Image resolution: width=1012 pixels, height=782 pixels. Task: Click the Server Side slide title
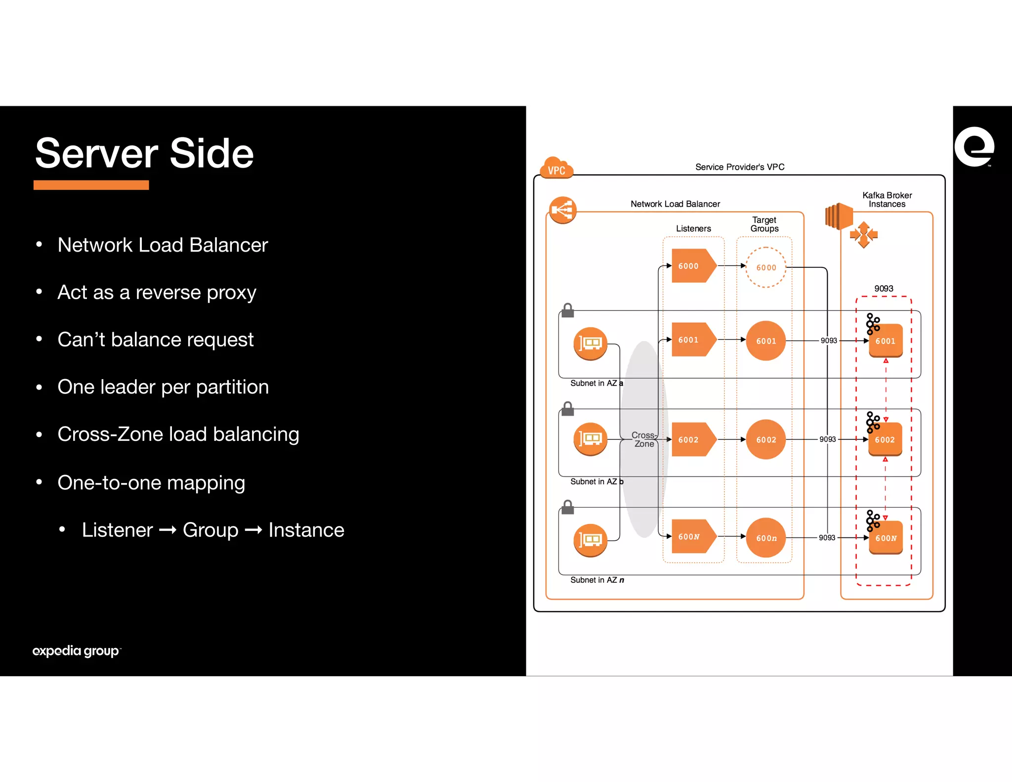pyautogui.click(x=144, y=153)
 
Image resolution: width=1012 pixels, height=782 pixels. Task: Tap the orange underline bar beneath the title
pyautogui.click(x=91, y=185)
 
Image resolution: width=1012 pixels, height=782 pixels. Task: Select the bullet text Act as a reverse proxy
pyautogui.click(x=157, y=292)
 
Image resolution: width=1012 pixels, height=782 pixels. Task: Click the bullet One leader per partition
pyautogui.click(x=163, y=387)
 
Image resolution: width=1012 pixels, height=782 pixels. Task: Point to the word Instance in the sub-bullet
pyautogui.click(x=306, y=530)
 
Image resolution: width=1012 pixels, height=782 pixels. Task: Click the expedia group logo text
pyautogui.click(x=76, y=651)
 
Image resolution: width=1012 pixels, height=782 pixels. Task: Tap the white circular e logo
pyautogui.click(x=974, y=147)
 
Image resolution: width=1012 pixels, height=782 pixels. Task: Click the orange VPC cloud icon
pyautogui.click(x=557, y=168)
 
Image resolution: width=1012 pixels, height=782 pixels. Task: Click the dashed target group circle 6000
pyautogui.click(x=765, y=267)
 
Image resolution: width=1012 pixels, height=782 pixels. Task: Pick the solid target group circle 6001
pyautogui.click(x=765, y=341)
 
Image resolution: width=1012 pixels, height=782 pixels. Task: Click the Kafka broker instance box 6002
pyautogui.click(x=885, y=439)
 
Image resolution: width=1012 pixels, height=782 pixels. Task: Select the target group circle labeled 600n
pyautogui.click(x=765, y=538)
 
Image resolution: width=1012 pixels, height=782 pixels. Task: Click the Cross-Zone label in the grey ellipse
pyautogui.click(x=644, y=439)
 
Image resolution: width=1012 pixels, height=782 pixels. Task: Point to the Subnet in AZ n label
pyautogui.click(x=597, y=580)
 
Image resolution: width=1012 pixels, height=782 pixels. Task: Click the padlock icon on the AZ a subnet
pyautogui.click(x=568, y=310)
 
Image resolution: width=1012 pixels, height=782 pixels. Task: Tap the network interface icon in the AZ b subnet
pyautogui.click(x=590, y=439)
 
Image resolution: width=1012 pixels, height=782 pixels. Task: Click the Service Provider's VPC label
pyautogui.click(x=740, y=167)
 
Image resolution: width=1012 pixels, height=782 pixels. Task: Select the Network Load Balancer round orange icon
pyautogui.click(x=562, y=210)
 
